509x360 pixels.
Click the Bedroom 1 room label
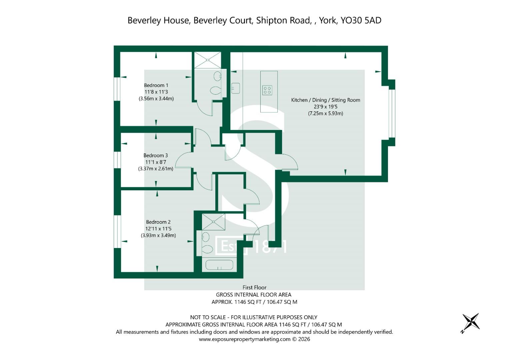tap(156, 85)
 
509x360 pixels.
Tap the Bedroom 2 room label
tap(158, 222)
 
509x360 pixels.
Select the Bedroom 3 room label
tap(156, 155)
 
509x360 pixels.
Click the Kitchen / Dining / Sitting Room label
tap(326, 100)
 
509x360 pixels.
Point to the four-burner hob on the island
tap(267, 90)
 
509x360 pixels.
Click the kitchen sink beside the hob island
tap(235, 88)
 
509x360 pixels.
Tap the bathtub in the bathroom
tap(219, 265)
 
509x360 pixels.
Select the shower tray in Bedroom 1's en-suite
tap(208, 60)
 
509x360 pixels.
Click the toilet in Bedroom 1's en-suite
tap(215, 91)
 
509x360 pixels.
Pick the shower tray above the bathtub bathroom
tap(213, 222)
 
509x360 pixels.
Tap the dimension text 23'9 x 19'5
tap(326, 107)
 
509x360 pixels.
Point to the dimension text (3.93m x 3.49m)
tap(158, 235)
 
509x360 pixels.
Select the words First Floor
tap(255, 287)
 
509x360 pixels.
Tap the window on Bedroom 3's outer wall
tap(117, 160)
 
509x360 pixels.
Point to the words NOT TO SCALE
tap(208, 317)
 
